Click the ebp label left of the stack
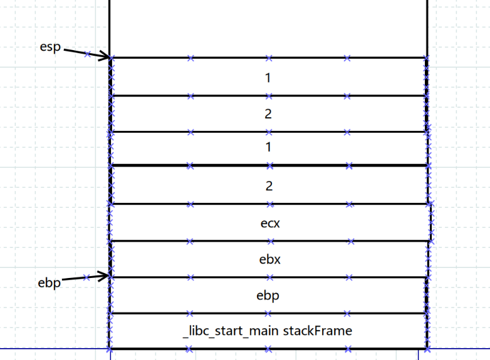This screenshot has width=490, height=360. click(x=50, y=283)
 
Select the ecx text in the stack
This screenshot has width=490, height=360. click(x=269, y=222)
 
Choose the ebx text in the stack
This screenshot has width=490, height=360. click(x=269, y=259)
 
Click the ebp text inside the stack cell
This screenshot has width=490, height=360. click(x=269, y=296)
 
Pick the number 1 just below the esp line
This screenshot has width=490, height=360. click(x=268, y=78)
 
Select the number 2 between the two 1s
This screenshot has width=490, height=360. click(x=268, y=115)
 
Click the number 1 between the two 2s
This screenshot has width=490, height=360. click(x=268, y=148)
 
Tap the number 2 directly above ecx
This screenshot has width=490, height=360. click(x=268, y=186)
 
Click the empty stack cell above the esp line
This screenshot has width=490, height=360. click(x=268, y=28)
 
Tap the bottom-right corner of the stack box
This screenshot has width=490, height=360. click(x=427, y=348)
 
